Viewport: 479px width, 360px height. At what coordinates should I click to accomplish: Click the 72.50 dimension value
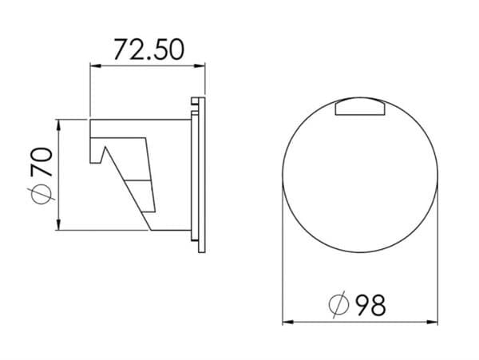click(x=149, y=49)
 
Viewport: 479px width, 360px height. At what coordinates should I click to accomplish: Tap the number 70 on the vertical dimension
click(x=42, y=162)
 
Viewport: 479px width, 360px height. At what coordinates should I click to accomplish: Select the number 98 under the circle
click(x=371, y=305)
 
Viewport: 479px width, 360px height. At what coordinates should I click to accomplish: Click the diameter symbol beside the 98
click(x=338, y=305)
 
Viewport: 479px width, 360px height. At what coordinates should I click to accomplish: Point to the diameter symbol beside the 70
click(x=41, y=194)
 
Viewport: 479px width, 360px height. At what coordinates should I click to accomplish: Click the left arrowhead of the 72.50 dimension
click(x=95, y=65)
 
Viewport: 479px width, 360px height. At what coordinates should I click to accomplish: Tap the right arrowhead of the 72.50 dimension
click(x=200, y=65)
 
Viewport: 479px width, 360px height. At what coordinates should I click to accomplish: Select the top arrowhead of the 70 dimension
click(x=58, y=125)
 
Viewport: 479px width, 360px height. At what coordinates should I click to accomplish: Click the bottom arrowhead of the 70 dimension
click(x=58, y=224)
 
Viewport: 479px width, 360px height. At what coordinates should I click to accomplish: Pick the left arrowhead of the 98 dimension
click(x=287, y=322)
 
